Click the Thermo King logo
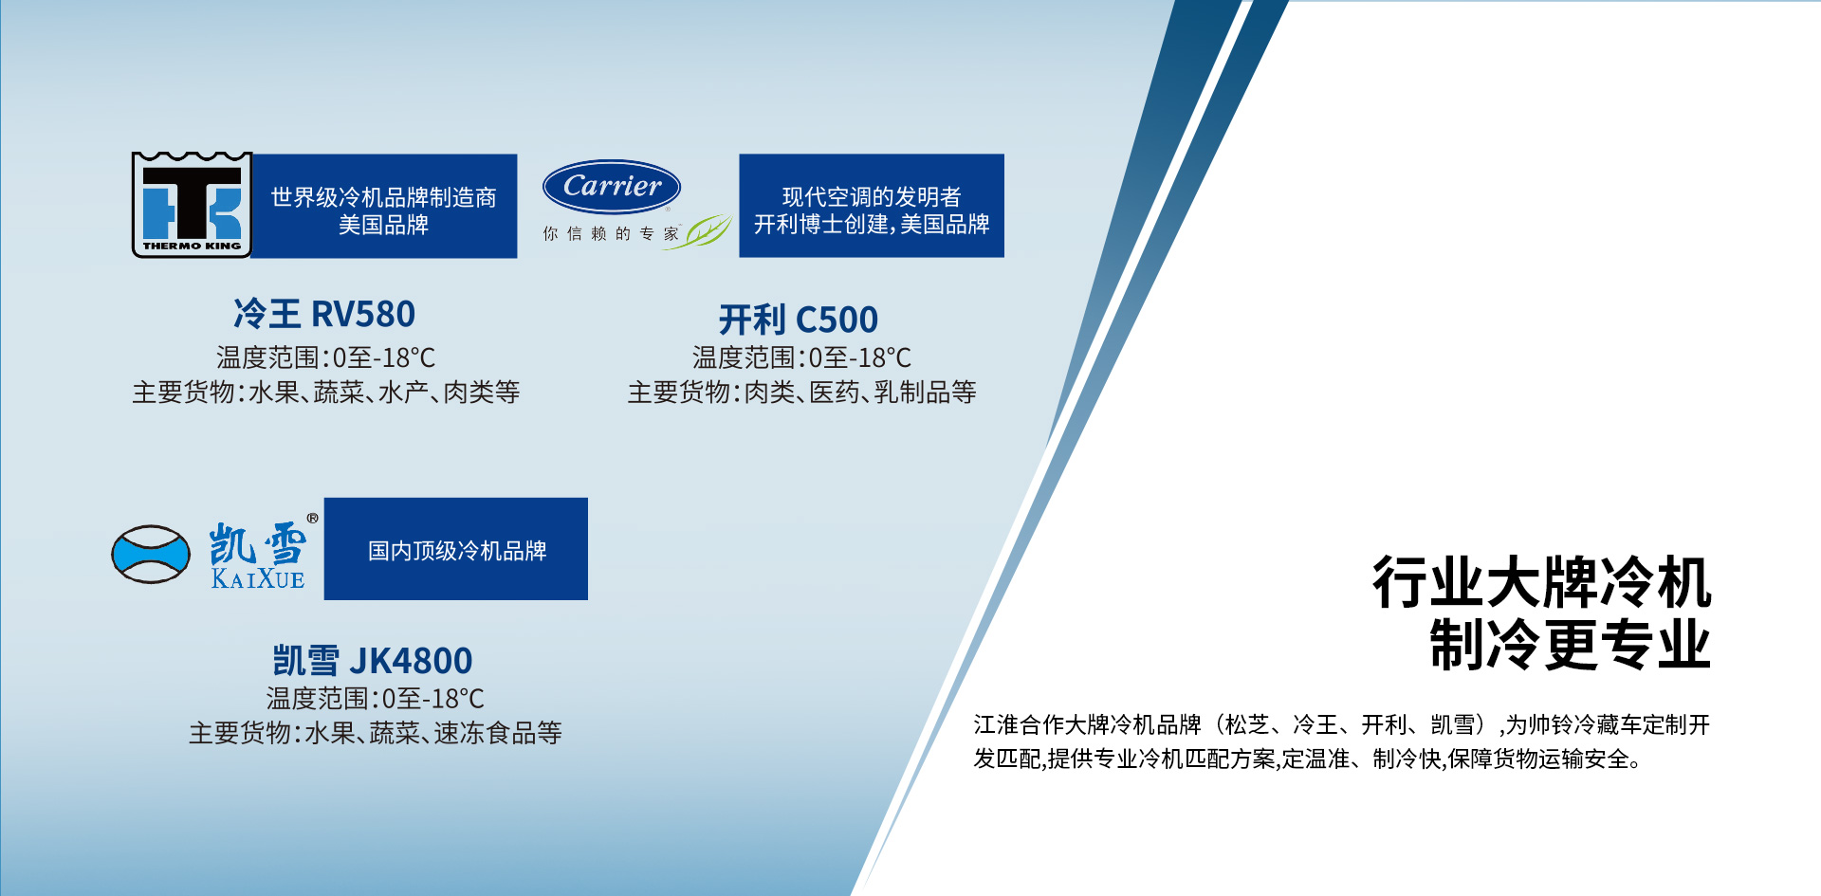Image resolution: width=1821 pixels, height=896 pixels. [192, 205]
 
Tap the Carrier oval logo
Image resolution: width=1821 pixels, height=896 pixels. [612, 187]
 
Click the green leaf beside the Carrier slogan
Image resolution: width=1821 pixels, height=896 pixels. [708, 230]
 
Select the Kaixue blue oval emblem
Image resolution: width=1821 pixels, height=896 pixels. [151, 554]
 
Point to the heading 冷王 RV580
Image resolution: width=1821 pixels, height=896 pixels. [324, 314]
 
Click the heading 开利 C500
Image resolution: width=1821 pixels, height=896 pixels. [799, 320]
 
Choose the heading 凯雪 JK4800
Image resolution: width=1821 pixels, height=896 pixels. [373, 660]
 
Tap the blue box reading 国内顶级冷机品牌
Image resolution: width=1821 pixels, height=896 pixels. [456, 549]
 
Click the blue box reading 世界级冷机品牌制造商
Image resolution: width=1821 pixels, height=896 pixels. [384, 206]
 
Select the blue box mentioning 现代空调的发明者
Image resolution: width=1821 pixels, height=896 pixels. [872, 206]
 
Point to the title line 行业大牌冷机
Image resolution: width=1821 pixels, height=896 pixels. [1541, 582]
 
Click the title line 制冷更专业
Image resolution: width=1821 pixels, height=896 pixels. [1570, 645]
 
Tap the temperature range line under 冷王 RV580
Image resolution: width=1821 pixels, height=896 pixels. [325, 357]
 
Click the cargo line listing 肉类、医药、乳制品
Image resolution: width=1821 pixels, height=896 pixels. [801, 392]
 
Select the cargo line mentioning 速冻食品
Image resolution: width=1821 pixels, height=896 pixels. [376, 732]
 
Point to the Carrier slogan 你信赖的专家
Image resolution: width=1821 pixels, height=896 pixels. [611, 233]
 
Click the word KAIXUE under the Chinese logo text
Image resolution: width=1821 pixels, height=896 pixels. [258, 578]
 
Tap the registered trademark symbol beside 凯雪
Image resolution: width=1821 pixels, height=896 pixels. [313, 519]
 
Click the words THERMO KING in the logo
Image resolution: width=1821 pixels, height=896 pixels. [192, 246]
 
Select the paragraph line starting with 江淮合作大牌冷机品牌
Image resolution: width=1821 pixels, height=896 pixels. [1341, 725]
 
